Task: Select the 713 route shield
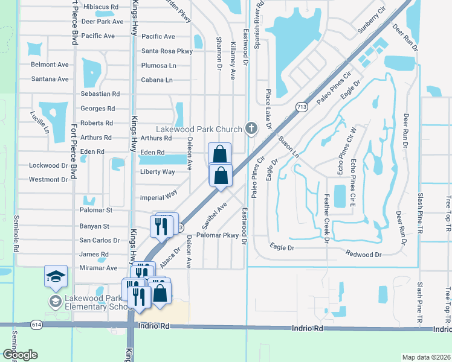(300, 107)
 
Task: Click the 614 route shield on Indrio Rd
(37, 325)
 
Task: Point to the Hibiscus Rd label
(101, 7)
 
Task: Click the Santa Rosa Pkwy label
(167, 51)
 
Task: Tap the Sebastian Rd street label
(100, 94)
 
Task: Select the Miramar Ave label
(98, 268)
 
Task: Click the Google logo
(20, 354)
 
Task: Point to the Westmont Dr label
(48, 180)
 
